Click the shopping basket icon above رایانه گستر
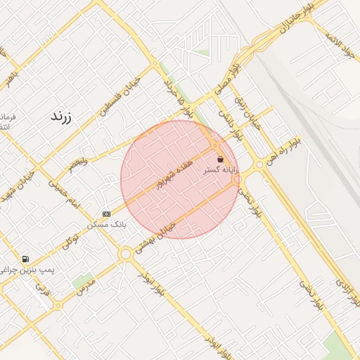(221, 160)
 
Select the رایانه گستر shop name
(220, 170)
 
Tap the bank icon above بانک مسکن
(106, 214)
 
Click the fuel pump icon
(26, 259)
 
